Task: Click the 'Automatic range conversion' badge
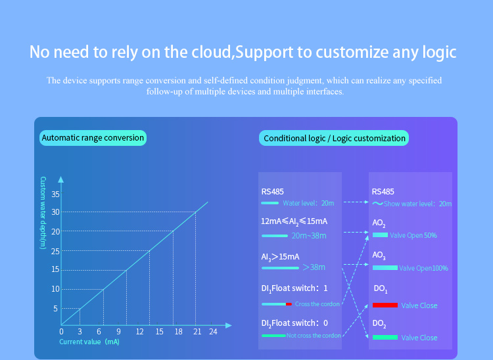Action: [x=93, y=138]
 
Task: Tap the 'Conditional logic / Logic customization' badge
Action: [x=334, y=138]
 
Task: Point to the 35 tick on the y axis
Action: [x=56, y=194]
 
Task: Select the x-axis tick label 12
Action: [x=139, y=331]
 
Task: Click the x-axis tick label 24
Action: [x=213, y=331]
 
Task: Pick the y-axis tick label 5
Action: [x=56, y=309]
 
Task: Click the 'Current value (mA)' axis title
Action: [x=89, y=342]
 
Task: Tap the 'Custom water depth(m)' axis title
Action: [x=43, y=213]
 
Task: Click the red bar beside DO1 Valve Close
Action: [x=385, y=305]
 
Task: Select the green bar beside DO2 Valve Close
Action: [x=385, y=338]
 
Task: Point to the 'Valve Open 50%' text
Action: [x=413, y=235]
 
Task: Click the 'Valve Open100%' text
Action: [x=423, y=268]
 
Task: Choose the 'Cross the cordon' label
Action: [x=317, y=304]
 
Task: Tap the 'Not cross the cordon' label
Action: [x=314, y=336]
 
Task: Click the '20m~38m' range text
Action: [x=309, y=236]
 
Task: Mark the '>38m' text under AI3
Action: [x=314, y=267]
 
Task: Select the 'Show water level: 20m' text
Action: [x=417, y=204]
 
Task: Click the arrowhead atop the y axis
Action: [x=61, y=179]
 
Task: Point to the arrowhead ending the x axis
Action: [x=229, y=325]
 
